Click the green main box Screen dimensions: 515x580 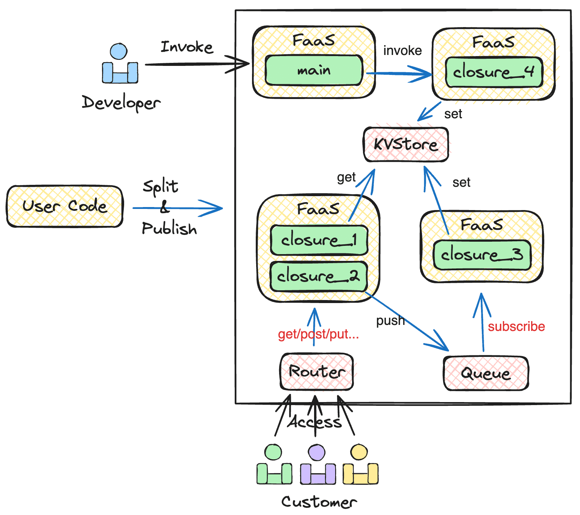click(314, 70)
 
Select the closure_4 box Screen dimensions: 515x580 click(494, 72)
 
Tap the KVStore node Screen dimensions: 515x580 click(406, 145)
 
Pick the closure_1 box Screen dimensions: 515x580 click(319, 240)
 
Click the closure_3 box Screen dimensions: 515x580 click(482, 255)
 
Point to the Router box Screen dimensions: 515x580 click(317, 372)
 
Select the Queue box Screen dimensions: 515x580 click(486, 373)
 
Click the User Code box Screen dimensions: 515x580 click(65, 206)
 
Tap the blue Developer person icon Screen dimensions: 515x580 click(120, 64)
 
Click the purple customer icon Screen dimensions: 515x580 click(318, 465)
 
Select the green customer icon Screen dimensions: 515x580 click(274, 465)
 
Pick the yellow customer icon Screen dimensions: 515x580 click(360, 465)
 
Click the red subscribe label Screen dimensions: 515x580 click(516, 326)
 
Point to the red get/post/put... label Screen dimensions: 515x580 click(318, 334)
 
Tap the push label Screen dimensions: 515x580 click(390, 320)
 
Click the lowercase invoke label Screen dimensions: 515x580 click(402, 50)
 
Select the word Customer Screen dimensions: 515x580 click(319, 502)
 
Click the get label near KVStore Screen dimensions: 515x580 click(346, 177)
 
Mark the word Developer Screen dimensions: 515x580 click(121, 103)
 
